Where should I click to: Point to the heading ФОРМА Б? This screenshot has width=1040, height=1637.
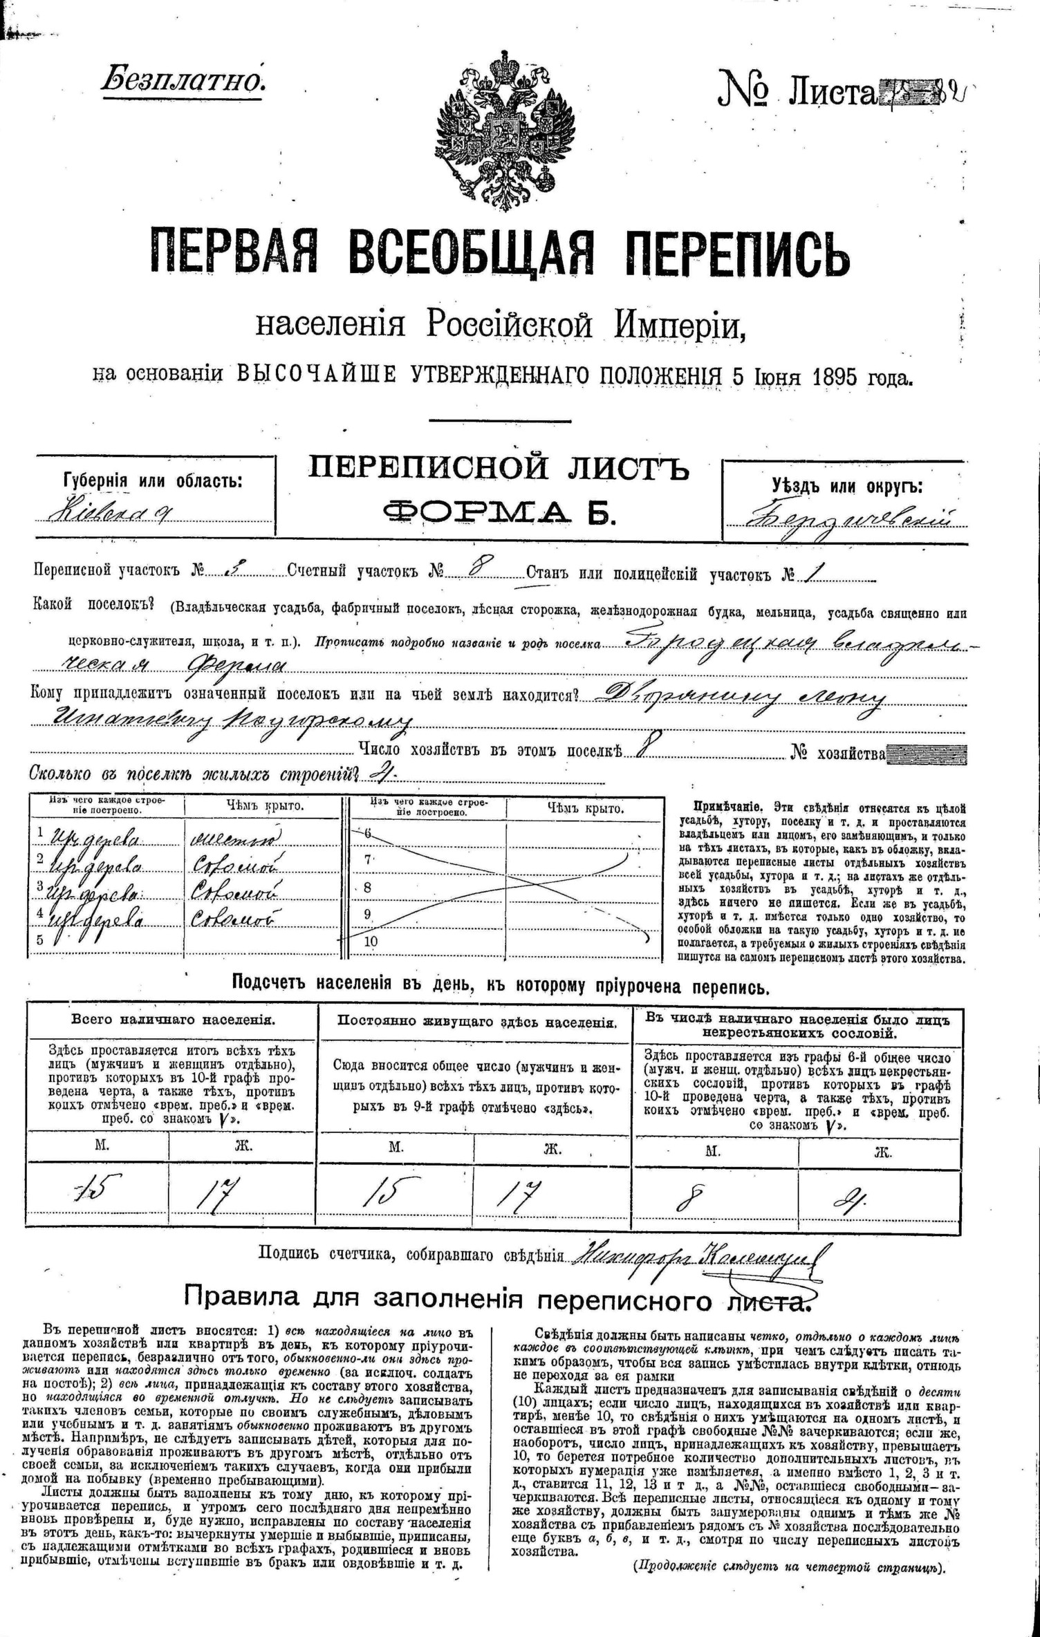[x=499, y=514]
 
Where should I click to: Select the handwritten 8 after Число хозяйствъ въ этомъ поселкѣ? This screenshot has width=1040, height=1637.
[x=640, y=749]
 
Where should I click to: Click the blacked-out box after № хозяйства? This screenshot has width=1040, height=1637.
[x=927, y=754]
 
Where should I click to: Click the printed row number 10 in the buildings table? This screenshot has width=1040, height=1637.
[x=371, y=942]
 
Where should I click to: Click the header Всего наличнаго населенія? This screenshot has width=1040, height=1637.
[x=173, y=1020]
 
